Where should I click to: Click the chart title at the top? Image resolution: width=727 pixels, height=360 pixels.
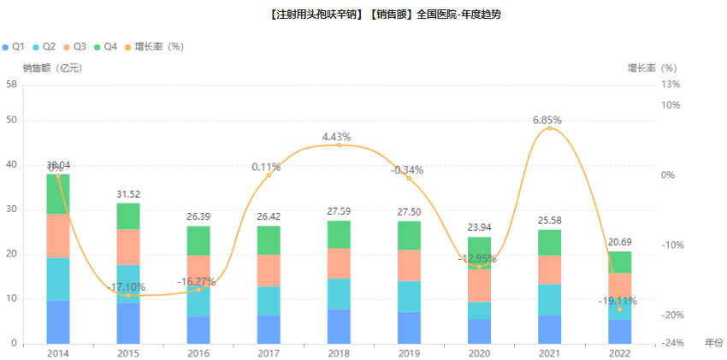(363, 15)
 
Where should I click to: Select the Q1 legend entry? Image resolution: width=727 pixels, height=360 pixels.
(14, 46)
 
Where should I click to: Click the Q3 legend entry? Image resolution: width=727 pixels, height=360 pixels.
(74, 46)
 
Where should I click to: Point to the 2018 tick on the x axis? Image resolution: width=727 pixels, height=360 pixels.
(339, 353)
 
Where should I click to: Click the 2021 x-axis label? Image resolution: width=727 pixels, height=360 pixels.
(549, 353)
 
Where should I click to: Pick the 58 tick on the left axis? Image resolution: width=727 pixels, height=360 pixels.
(11, 84)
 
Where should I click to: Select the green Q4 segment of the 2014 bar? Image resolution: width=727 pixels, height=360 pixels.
(58, 193)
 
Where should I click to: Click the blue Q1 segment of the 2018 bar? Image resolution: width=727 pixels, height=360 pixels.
(339, 326)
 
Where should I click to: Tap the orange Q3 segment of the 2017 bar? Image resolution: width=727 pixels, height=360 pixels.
(269, 270)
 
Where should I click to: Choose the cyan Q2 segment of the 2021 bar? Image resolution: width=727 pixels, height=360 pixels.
(549, 299)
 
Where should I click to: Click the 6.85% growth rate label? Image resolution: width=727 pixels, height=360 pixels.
(547, 121)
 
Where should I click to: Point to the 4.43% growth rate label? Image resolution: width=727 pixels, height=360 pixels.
(337, 137)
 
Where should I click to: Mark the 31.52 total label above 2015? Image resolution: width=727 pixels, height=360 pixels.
(128, 194)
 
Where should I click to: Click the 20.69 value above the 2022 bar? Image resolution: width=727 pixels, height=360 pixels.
(619, 243)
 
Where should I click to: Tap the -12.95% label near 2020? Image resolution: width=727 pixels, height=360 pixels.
(477, 258)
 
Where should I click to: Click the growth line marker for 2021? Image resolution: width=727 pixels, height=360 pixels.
(549, 128)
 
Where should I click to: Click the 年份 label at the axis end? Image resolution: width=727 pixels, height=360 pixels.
(713, 342)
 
